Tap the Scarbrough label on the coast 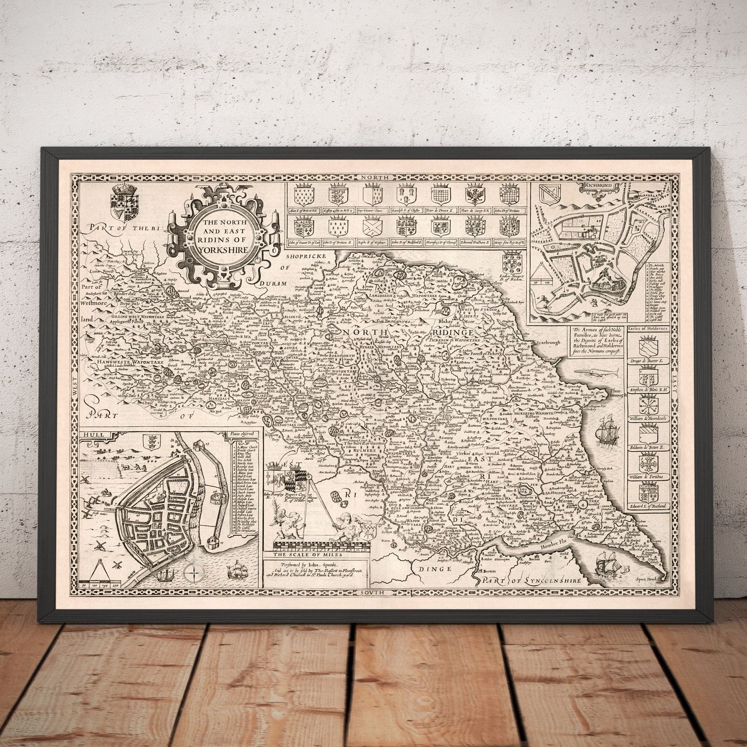[x=546, y=342]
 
